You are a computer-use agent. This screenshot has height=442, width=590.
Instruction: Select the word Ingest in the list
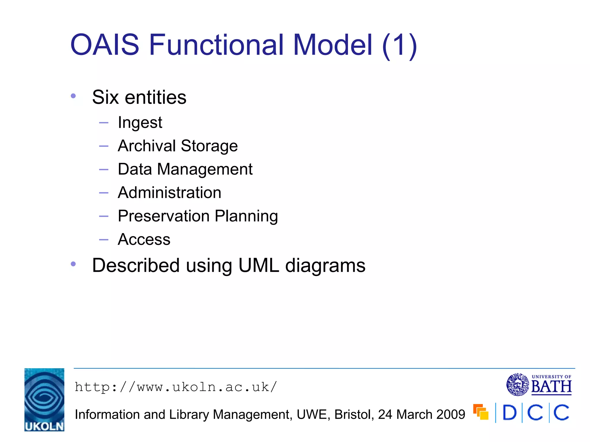click(140, 123)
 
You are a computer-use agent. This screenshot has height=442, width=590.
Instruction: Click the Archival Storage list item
click(178, 146)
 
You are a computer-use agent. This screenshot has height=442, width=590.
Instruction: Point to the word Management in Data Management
click(205, 169)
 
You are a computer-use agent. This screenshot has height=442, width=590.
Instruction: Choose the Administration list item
click(169, 193)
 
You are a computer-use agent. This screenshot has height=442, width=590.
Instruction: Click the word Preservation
click(164, 216)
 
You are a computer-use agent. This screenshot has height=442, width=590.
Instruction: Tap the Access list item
click(144, 239)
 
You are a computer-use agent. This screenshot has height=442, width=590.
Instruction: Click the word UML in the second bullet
click(259, 265)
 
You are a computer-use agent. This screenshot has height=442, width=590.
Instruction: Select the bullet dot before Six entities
click(73, 96)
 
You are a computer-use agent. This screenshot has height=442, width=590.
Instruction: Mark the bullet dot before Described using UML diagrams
click(73, 264)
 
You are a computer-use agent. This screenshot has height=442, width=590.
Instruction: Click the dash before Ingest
click(103, 123)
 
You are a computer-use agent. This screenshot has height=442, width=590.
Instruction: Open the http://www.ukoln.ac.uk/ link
click(176, 387)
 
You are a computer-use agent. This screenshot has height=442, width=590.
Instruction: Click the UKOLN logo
click(44, 399)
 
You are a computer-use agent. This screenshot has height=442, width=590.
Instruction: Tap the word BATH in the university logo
click(551, 387)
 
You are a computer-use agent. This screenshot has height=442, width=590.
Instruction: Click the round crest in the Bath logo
click(517, 384)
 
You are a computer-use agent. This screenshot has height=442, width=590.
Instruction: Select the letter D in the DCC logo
click(509, 413)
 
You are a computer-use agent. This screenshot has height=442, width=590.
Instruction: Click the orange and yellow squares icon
click(481, 412)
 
